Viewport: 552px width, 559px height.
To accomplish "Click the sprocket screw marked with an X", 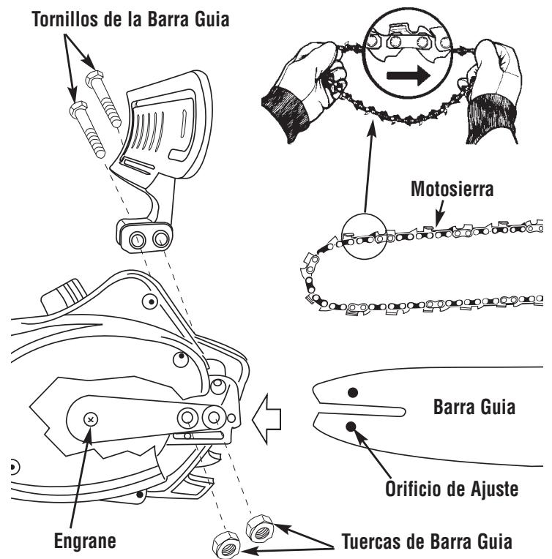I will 90,419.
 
